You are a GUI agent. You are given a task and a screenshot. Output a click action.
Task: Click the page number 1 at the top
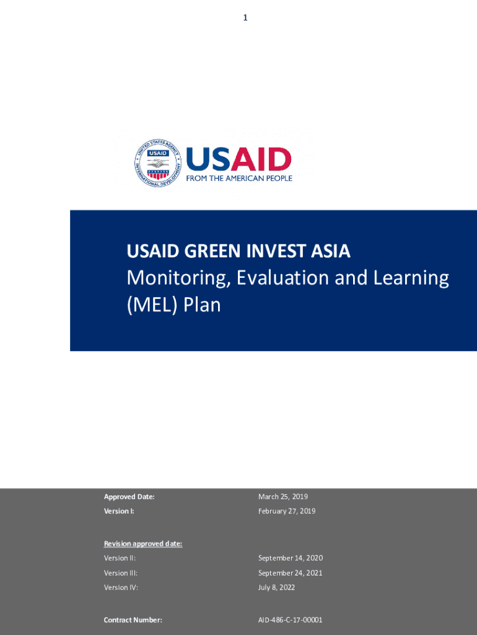[245, 18]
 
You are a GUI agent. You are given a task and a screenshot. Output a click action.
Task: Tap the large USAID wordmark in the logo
[239, 159]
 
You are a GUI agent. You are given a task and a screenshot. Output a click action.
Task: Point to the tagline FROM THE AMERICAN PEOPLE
[239, 178]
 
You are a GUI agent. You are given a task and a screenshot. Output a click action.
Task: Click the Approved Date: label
[129, 497]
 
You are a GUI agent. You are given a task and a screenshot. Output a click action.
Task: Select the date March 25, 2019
[283, 497]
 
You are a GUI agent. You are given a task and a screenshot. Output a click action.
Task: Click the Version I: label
[119, 512]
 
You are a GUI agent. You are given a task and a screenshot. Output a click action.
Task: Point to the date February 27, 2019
[287, 512]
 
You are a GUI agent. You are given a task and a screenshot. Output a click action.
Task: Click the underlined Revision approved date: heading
[143, 544]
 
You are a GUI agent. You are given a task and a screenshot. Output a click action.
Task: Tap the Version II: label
[120, 558]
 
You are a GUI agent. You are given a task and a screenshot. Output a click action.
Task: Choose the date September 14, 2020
[291, 558]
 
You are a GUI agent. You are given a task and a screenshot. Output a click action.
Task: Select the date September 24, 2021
[291, 573]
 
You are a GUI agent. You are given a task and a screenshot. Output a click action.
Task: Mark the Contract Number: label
[133, 620]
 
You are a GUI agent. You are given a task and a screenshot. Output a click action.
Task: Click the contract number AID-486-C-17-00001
[290, 620]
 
